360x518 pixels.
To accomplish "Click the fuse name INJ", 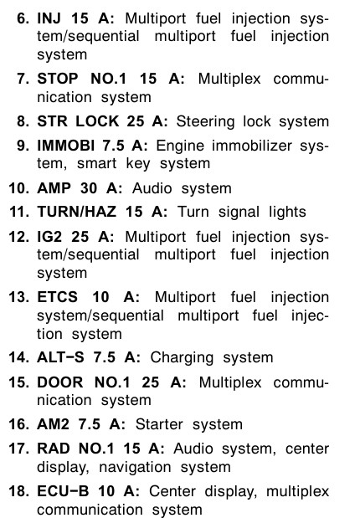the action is coord(49,18).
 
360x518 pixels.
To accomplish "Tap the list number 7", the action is coord(23,79).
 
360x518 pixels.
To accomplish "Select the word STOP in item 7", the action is coord(58,79).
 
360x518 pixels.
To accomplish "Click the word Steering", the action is coord(205,122).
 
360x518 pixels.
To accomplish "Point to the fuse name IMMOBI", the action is coord(66,146).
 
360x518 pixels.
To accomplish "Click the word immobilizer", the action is coord(251,146).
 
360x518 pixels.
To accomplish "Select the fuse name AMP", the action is coord(54,188).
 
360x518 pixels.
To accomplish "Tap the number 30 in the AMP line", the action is coord(89,188).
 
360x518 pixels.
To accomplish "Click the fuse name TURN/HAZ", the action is coord(77,212).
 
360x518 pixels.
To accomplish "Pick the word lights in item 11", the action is coord(287,213).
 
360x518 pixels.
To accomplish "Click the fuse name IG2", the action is coord(49,237).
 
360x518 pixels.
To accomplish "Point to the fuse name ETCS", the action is coord(58,297).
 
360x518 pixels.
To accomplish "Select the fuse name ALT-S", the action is coord(60,357).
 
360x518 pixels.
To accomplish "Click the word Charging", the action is coord(182,358).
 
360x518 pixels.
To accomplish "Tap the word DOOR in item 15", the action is coord(60,382).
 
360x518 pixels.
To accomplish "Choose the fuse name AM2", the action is coord(53,424).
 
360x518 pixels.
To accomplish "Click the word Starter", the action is coord(159,424).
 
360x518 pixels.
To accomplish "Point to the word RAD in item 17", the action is coord(54,449).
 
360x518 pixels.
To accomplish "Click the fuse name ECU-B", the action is coord(63,491).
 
